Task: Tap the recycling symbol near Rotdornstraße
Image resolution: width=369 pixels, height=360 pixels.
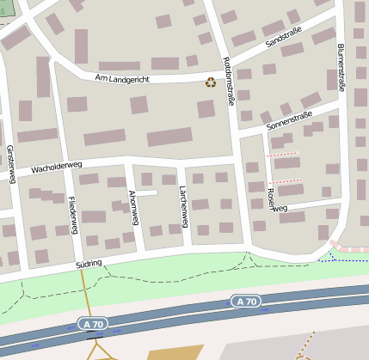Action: [x=210, y=82]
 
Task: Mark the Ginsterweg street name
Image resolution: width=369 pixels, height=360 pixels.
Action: [x=10, y=163]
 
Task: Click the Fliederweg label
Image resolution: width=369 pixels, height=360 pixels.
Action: [x=73, y=215]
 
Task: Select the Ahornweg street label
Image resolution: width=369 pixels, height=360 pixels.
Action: [x=133, y=207]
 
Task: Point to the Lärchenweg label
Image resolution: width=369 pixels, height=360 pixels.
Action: [x=182, y=206]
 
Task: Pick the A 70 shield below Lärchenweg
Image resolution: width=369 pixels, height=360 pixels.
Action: [x=245, y=301]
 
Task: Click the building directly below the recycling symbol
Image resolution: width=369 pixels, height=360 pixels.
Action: [x=206, y=109]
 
